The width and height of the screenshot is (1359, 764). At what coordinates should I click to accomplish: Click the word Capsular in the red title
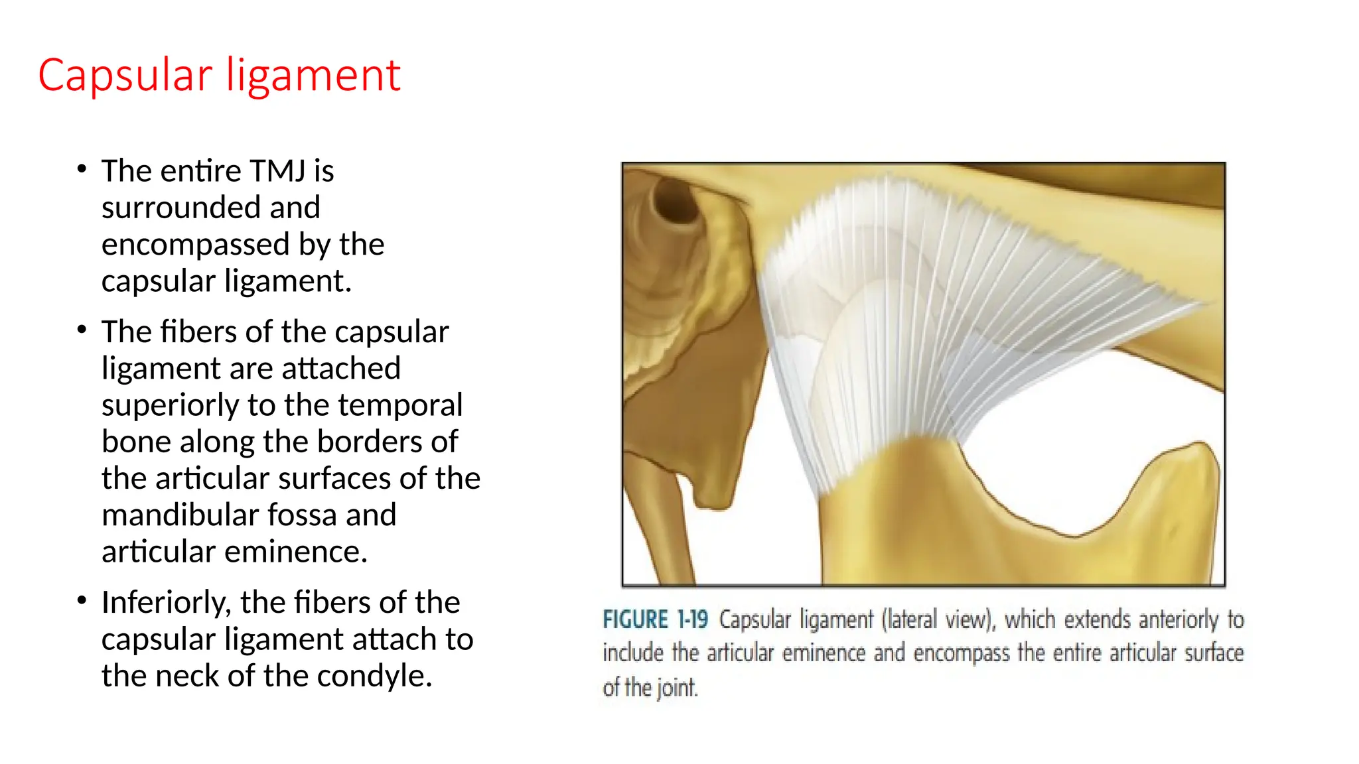click(x=125, y=76)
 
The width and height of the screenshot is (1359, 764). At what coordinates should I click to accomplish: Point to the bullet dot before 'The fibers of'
click(x=82, y=329)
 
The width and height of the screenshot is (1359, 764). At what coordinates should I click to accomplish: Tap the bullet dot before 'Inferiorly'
click(x=82, y=600)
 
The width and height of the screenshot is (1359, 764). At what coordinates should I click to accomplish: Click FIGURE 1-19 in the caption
click(x=655, y=620)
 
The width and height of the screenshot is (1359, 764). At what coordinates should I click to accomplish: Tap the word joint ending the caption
click(x=678, y=688)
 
